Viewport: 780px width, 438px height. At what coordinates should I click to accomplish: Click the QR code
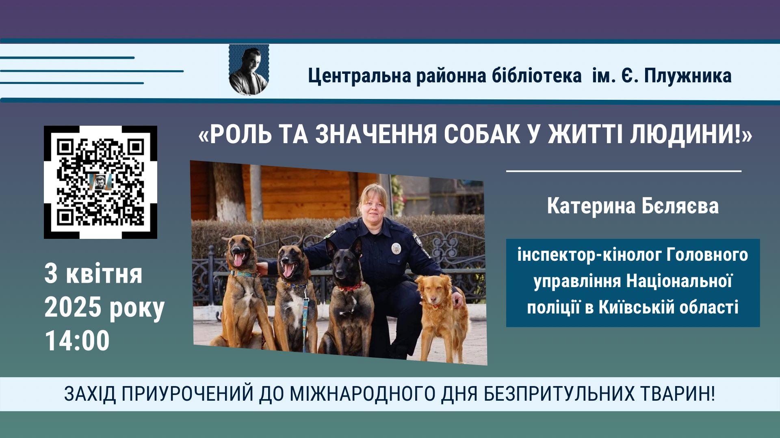pyautogui.click(x=100, y=182)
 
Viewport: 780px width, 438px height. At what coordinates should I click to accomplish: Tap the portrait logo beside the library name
pyautogui.click(x=249, y=70)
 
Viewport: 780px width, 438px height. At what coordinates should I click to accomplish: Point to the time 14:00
pyautogui.click(x=77, y=341)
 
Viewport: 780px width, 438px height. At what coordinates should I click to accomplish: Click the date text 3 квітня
pyautogui.click(x=93, y=274)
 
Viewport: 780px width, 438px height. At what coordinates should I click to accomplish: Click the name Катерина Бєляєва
pyautogui.click(x=633, y=206)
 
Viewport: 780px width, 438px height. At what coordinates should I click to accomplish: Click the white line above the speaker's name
pyautogui.click(x=624, y=171)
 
